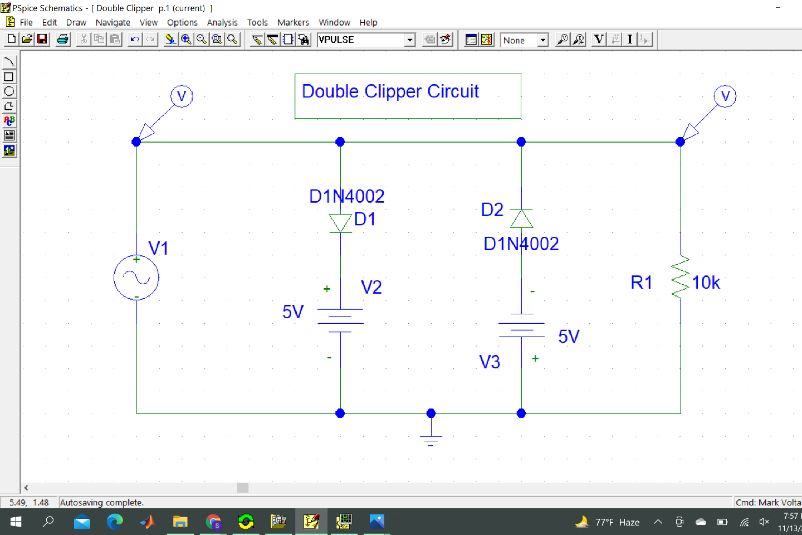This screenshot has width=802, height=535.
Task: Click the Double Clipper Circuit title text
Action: click(x=390, y=92)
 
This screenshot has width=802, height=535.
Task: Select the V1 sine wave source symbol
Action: click(x=136, y=278)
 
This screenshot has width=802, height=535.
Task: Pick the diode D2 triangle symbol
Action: click(x=521, y=219)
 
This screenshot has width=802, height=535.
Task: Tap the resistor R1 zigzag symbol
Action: click(x=681, y=278)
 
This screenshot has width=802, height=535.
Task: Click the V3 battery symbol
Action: click(x=521, y=330)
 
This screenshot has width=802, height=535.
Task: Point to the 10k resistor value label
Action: click(x=706, y=283)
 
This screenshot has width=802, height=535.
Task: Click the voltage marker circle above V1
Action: click(x=182, y=96)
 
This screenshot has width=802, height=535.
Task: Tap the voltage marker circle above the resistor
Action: click(x=725, y=96)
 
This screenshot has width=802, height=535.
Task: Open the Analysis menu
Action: click(x=222, y=22)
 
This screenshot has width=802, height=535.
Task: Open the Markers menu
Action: click(x=293, y=22)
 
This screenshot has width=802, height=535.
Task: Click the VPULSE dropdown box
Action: click(x=366, y=40)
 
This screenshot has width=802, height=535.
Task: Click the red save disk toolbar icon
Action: click(x=42, y=40)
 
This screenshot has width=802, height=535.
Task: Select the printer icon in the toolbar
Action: click(x=63, y=40)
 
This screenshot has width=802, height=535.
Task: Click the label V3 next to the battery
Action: click(x=490, y=362)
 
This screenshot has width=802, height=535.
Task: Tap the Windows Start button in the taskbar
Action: click(x=16, y=522)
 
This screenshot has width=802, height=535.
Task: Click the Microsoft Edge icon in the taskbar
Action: click(x=115, y=522)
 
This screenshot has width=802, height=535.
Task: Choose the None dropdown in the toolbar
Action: click(x=524, y=40)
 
